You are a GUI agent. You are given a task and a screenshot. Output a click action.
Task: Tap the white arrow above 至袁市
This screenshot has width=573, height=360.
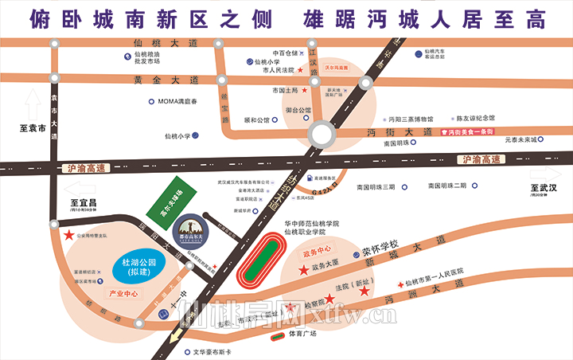[x=33, y=104]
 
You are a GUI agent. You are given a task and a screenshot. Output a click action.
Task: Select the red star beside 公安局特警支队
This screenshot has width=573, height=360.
[x=70, y=236]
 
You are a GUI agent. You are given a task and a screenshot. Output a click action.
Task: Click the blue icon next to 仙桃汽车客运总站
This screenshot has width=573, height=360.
[x=419, y=53]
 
